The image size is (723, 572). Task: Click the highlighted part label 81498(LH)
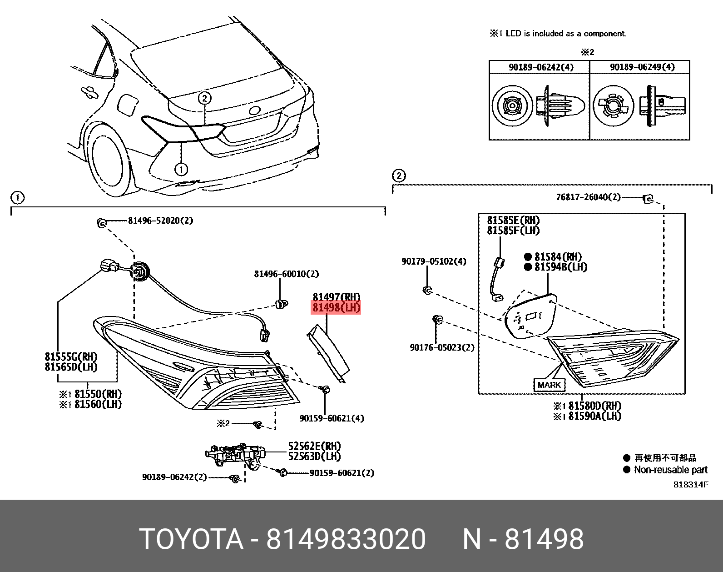pyautogui.click(x=336, y=308)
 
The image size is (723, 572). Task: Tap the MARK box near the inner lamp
pyautogui.click(x=549, y=385)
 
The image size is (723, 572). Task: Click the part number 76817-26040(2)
pyautogui.click(x=588, y=197)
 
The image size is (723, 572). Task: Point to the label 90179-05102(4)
pyautogui.click(x=433, y=261)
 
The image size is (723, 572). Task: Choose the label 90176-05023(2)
pyautogui.click(x=441, y=347)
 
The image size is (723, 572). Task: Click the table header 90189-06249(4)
pyautogui.click(x=642, y=67)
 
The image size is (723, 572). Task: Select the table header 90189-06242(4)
pyautogui.click(x=541, y=67)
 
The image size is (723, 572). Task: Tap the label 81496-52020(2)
pyautogui.click(x=160, y=221)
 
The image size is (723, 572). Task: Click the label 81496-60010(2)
pyautogui.click(x=286, y=274)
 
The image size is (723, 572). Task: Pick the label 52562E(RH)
pyautogui.click(x=314, y=446)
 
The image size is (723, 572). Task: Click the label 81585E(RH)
pyautogui.click(x=513, y=220)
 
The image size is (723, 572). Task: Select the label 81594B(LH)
pyautogui.click(x=560, y=267)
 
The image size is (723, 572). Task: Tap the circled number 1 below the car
pyautogui.click(x=181, y=170)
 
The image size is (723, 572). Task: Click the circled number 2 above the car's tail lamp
pyautogui.click(x=204, y=98)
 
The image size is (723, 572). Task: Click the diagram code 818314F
pyautogui.click(x=690, y=484)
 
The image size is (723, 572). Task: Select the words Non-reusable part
pyautogui.click(x=670, y=470)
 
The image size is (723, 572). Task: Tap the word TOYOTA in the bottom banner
pyautogui.click(x=191, y=539)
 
